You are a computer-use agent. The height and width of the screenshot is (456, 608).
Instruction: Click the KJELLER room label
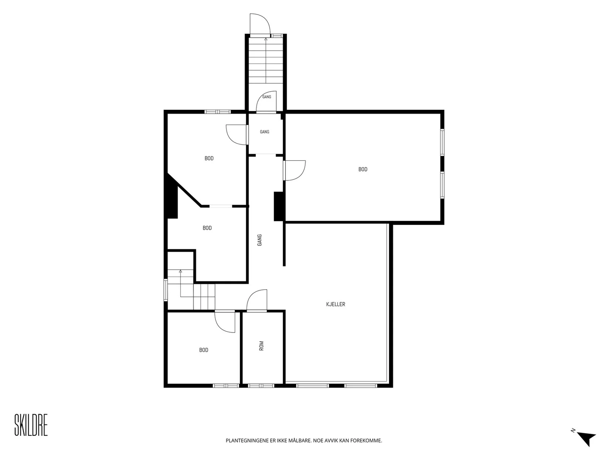pos(336,304)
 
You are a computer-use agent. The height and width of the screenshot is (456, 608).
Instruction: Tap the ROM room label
pos(261,346)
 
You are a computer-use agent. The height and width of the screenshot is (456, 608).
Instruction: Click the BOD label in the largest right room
pos(363,169)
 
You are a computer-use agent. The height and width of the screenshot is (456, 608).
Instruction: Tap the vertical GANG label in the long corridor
pos(260,240)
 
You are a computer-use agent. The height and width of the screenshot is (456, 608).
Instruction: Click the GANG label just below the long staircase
pos(267,97)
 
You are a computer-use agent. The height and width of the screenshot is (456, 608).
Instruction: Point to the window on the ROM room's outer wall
pos(261,385)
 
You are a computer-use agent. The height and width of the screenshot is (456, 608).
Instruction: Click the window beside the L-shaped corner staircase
pos(166,290)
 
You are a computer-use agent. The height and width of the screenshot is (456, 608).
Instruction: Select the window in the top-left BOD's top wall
pos(218,112)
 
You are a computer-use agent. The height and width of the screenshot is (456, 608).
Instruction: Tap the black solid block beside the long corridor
pos(279,206)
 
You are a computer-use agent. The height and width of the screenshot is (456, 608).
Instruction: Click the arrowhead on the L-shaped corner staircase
pos(180,271)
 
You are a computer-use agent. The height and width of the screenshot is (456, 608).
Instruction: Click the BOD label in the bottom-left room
pos(204,350)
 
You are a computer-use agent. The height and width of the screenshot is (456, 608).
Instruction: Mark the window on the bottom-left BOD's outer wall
pos(226,385)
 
